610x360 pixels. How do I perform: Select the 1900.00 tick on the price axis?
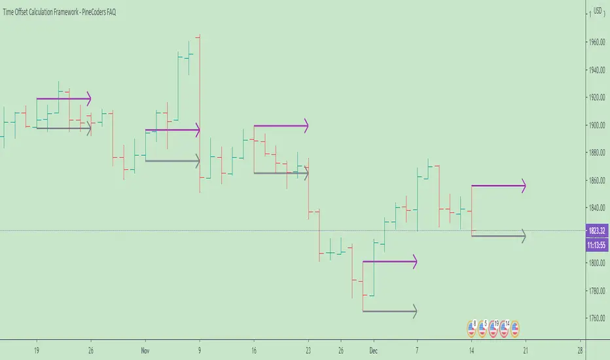pyautogui.click(x=597, y=125)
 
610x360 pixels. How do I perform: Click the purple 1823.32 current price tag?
pyautogui.click(x=596, y=231)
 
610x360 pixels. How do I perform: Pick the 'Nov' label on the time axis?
pyautogui.click(x=146, y=350)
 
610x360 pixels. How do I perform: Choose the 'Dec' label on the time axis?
pyautogui.click(x=373, y=350)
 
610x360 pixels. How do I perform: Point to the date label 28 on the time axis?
pyautogui.click(x=580, y=350)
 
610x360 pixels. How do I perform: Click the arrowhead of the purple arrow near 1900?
pyautogui.click(x=304, y=125)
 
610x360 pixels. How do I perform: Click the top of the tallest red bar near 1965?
pyautogui.click(x=199, y=35)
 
